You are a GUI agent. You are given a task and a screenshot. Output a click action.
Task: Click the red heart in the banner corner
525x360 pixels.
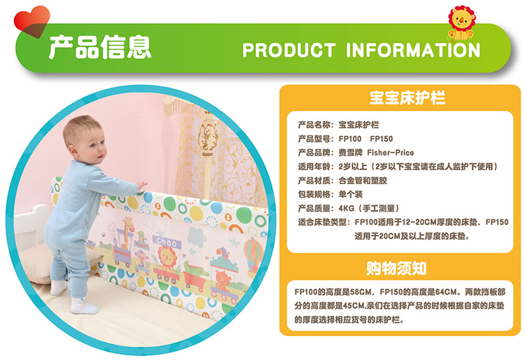coord(31,21)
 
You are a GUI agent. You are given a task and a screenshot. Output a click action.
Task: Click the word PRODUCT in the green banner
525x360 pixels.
coord(289,50)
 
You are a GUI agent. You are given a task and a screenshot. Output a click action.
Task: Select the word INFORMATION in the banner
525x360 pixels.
coord(413,50)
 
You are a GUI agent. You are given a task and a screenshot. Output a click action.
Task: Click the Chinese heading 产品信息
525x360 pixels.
coord(100,47)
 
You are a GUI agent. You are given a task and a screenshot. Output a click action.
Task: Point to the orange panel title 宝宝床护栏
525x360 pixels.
coord(407,97)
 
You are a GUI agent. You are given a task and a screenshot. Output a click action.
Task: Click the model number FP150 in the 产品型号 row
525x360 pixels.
coord(381,139)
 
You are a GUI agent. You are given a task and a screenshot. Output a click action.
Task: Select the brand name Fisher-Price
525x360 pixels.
coord(391,153)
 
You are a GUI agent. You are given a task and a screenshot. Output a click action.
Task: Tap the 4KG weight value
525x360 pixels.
coord(346,208)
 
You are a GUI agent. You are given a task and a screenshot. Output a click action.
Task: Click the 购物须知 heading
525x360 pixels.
coord(396,268)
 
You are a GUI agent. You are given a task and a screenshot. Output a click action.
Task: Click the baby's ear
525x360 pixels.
coord(71,149)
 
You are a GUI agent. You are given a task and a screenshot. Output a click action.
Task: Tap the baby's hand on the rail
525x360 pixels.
coord(142,185)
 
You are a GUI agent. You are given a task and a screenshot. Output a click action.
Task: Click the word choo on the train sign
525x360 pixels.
coord(167,242)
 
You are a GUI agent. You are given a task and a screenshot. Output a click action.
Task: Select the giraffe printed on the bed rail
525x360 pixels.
coord(127,233)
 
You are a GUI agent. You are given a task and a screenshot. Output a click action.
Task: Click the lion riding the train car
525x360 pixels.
coord(167,257)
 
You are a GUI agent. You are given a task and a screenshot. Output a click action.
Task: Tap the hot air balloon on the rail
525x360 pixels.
coord(253,252)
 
